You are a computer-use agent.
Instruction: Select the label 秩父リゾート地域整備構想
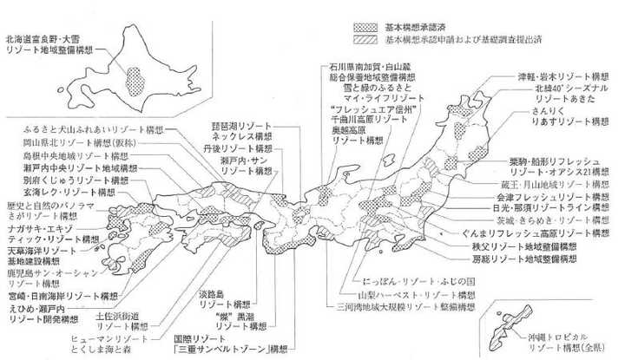[x=532, y=246]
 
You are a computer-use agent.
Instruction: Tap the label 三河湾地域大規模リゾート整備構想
[x=405, y=306]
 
